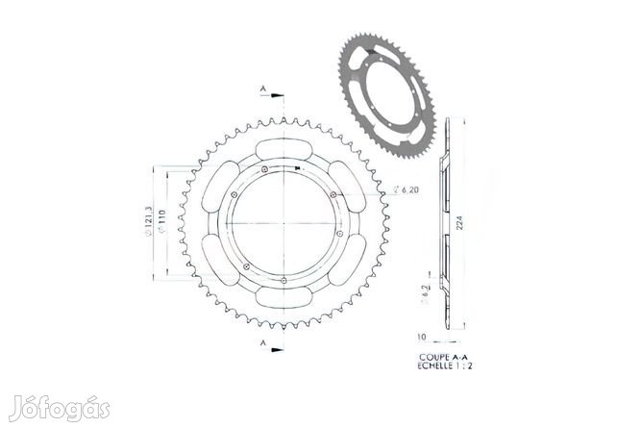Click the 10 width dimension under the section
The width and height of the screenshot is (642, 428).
click(x=423, y=339)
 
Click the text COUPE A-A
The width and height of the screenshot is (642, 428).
click(x=438, y=355)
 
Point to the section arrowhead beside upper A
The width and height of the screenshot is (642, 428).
click(x=276, y=96)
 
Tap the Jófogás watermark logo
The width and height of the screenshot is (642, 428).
click(x=58, y=408)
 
